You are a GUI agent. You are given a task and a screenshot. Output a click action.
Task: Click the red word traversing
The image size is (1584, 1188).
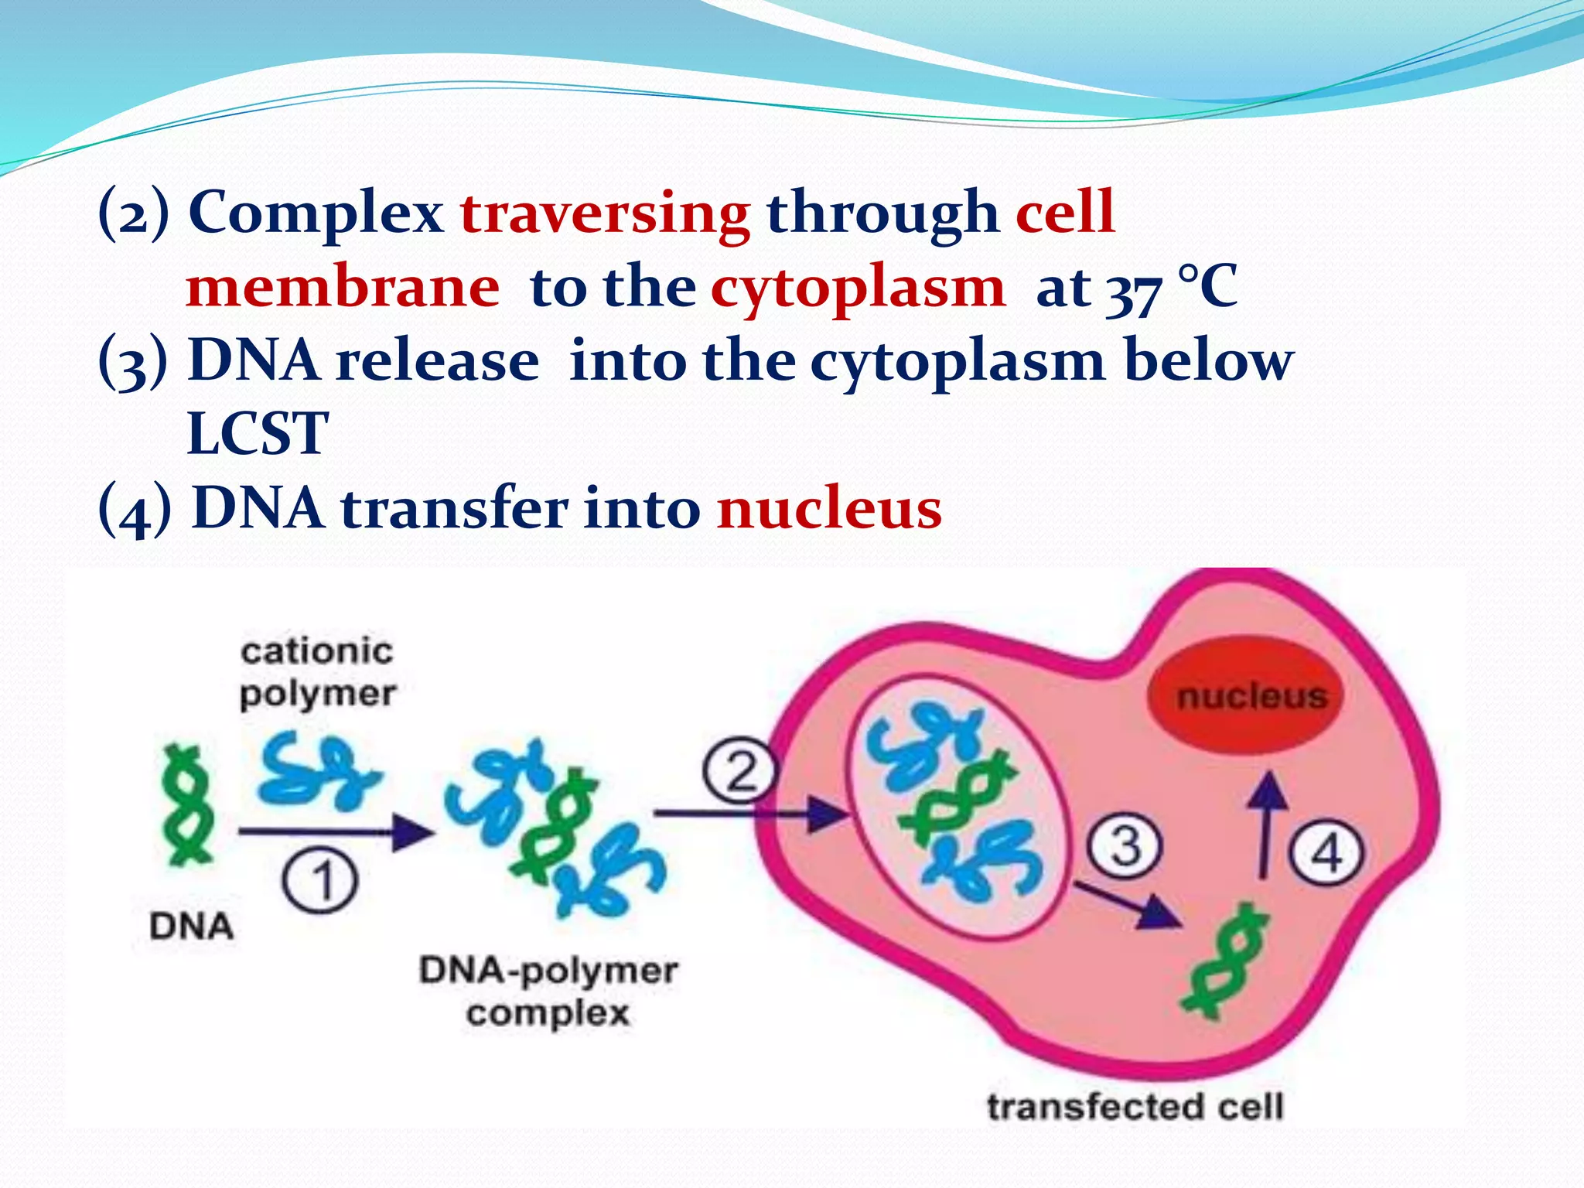pyautogui.click(x=605, y=213)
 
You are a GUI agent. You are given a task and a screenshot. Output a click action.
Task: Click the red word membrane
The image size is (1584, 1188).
pyautogui.click(x=343, y=288)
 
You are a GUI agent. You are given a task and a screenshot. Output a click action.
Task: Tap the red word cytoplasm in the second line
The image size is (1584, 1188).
pyautogui.click(x=858, y=288)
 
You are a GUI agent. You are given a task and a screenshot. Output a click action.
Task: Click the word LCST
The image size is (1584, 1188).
pyautogui.click(x=258, y=434)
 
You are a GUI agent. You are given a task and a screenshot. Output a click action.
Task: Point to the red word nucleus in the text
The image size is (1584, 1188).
pyautogui.click(x=829, y=509)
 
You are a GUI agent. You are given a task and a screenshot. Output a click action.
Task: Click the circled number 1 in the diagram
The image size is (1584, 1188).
pyautogui.click(x=320, y=882)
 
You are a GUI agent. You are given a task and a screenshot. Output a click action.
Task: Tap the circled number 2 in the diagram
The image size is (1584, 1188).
pyautogui.click(x=739, y=771)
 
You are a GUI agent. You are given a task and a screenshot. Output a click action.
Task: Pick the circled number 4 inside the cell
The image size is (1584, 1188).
pyautogui.click(x=1327, y=854)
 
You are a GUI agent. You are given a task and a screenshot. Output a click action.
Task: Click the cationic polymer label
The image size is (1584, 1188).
pyautogui.click(x=317, y=672)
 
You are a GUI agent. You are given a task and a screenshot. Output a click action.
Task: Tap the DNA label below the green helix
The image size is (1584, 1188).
pyautogui.click(x=191, y=926)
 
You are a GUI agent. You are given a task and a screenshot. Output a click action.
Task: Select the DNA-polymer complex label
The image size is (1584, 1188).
pyautogui.click(x=548, y=991)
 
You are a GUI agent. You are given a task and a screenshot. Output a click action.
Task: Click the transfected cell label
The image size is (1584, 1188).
pyautogui.click(x=1135, y=1107)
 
